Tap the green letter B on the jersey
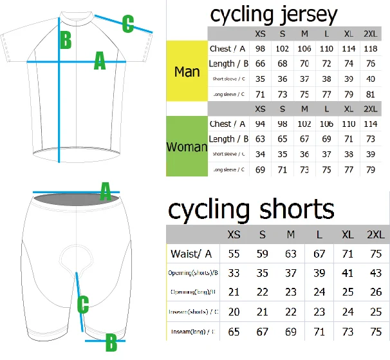(66, 41)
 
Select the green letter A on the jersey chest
(100, 61)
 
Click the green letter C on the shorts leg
(83, 304)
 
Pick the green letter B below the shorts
(111, 341)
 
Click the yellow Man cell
(187, 71)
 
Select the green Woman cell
(187, 146)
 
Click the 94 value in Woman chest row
(260, 124)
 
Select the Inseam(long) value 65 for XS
(234, 332)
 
